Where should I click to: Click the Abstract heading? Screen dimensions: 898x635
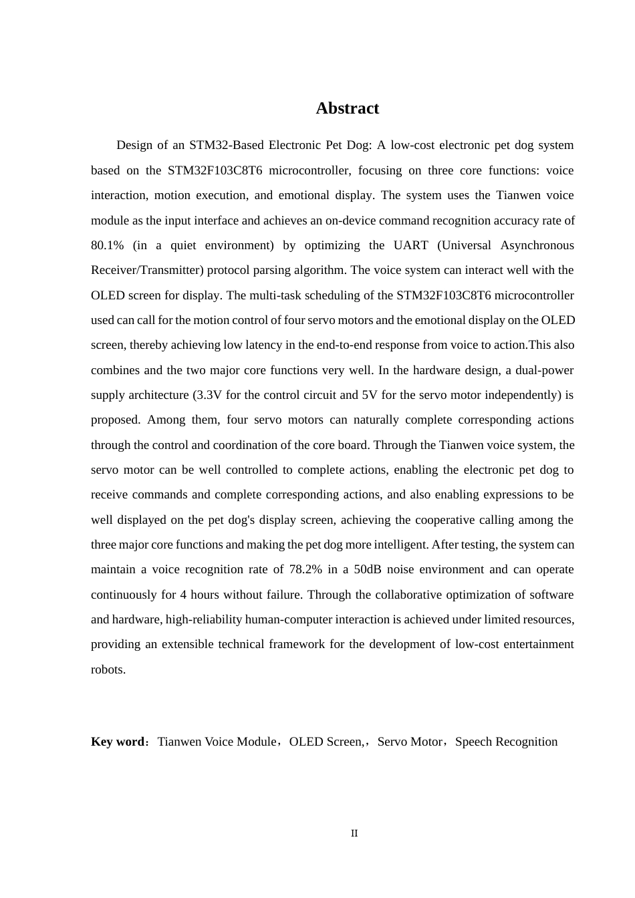[347, 108]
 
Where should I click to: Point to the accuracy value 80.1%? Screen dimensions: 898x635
[107, 245]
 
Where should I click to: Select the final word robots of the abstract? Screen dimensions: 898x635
[108, 669]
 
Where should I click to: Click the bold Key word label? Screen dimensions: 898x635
[118, 742]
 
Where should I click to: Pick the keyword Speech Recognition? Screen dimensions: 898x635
[506, 742]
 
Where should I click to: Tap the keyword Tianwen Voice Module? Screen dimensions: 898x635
[217, 742]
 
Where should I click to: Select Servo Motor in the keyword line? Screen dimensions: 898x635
[410, 742]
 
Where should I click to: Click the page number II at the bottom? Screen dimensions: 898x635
[354, 833]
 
